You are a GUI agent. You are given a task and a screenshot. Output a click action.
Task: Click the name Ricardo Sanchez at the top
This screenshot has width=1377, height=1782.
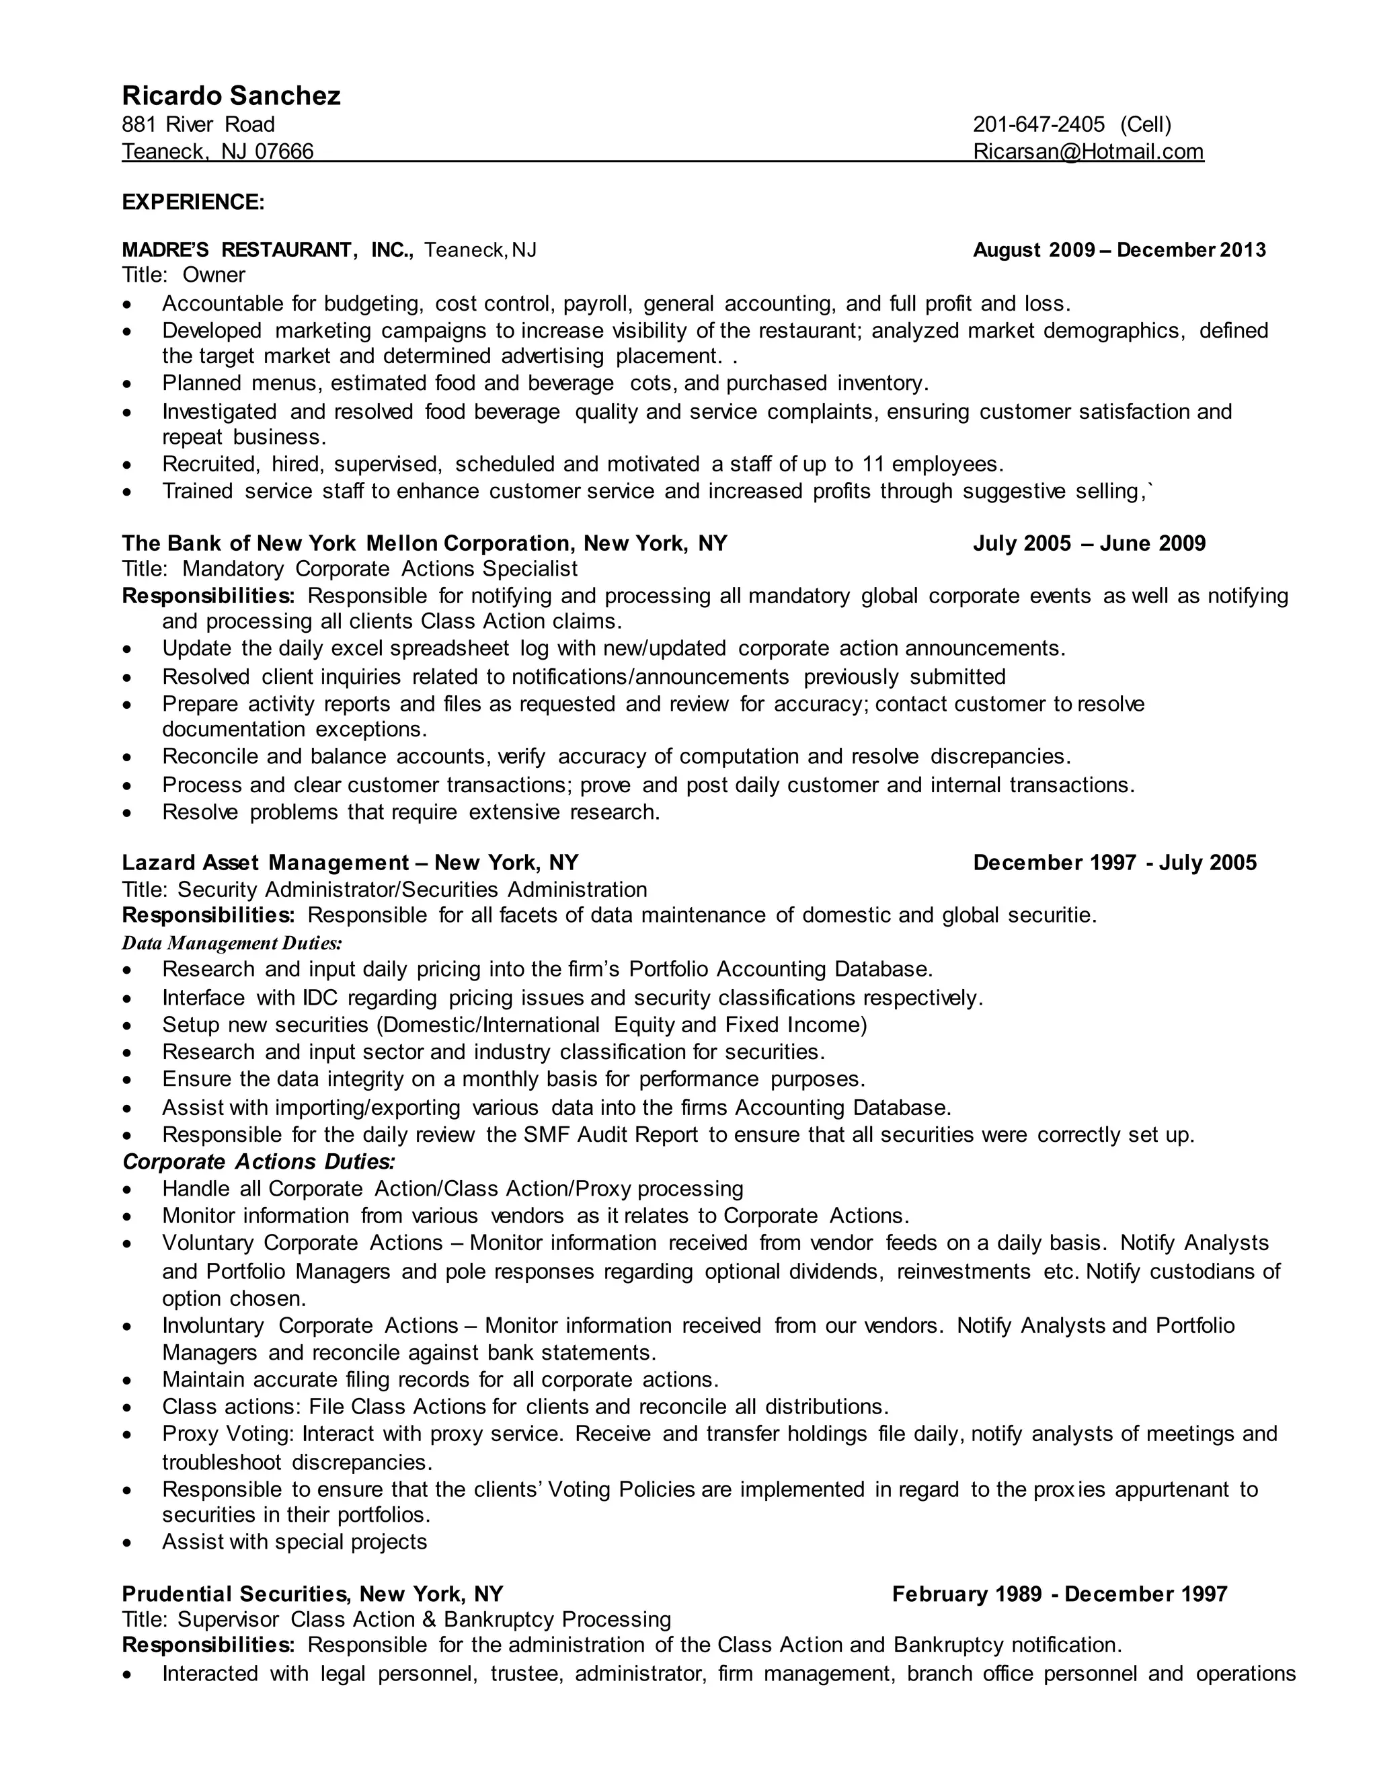click(x=231, y=95)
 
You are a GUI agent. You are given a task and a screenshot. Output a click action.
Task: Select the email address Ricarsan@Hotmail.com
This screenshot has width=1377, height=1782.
click(x=1089, y=152)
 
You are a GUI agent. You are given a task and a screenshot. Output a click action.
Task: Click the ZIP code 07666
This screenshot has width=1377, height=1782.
click(x=284, y=152)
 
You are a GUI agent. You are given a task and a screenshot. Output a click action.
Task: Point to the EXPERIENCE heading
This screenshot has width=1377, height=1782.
click(x=194, y=202)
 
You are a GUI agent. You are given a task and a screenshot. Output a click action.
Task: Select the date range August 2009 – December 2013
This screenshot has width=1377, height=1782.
click(x=1119, y=249)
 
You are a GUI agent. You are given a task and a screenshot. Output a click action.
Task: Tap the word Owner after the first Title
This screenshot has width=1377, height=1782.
click(x=214, y=275)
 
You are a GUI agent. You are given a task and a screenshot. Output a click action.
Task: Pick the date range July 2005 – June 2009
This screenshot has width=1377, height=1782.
click(x=1089, y=543)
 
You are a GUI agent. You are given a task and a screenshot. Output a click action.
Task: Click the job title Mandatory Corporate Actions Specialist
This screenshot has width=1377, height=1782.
click(x=379, y=569)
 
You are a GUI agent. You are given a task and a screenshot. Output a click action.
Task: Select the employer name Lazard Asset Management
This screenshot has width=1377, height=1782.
click(x=265, y=863)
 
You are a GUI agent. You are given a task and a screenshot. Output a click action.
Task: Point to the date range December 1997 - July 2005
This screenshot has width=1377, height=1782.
click(x=1114, y=863)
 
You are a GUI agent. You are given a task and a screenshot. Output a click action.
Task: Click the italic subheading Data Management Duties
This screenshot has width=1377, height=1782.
click(x=232, y=943)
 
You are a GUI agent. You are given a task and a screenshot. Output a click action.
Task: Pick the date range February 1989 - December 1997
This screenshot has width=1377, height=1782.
click(x=1059, y=1594)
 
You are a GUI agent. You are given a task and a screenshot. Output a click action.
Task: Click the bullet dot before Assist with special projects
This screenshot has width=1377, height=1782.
click(x=126, y=1543)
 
